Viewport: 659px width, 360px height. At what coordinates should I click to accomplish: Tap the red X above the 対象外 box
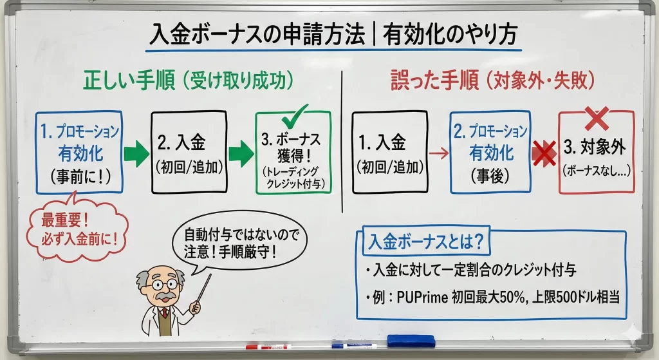[x=597, y=118]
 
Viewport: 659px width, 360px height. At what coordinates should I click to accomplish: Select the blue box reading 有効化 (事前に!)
[x=79, y=152]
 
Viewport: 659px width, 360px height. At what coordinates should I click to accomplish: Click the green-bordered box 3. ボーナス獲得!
[x=293, y=153]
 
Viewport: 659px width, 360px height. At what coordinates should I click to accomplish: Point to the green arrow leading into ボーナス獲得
[x=241, y=153]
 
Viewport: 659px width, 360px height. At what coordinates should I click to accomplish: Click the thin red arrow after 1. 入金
[x=439, y=153]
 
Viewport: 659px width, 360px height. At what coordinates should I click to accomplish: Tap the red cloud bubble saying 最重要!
[x=78, y=230]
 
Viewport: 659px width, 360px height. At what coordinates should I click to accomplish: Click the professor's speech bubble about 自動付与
[x=239, y=243]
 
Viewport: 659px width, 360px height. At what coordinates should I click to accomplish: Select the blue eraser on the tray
[x=411, y=341]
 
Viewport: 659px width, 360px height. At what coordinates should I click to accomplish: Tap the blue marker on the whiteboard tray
[x=354, y=346]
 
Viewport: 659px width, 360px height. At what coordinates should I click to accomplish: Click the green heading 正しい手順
[x=129, y=80]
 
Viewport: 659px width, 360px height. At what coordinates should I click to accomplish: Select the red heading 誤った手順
[x=434, y=80]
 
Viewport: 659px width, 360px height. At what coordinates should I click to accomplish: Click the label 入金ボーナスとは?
[x=426, y=242]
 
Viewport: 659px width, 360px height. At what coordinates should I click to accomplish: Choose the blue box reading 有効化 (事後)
[x=490, y=152]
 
